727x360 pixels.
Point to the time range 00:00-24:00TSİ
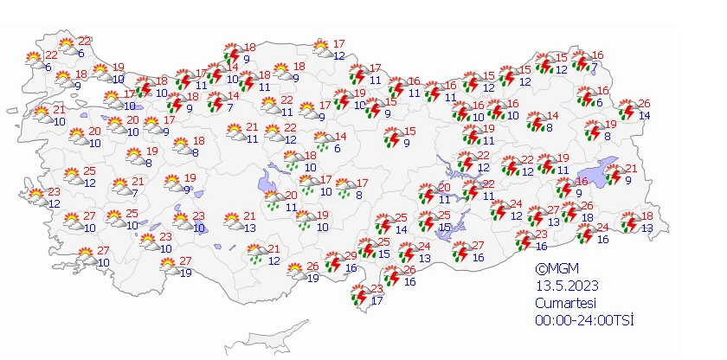[x=584, y=320]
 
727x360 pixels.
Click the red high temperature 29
[x=351, y=255]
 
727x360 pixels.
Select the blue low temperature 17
[x=376, y=300]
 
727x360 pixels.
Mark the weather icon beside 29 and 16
[x=332, y=263]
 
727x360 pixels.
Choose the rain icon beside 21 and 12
[x=256, y=254]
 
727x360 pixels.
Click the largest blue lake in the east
[x=602, y=173]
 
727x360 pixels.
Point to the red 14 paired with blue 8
[x=553, y=116]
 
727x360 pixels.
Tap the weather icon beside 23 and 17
[x=359, y=296]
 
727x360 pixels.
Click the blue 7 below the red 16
[x=594, y=67]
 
